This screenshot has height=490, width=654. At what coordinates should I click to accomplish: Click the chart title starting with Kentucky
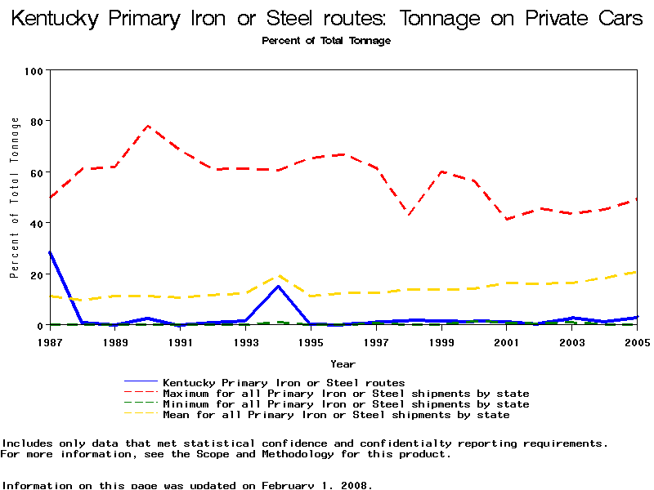pyautogui.click(x=327, y=19)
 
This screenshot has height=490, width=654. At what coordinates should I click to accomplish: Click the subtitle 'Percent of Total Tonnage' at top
pyautogui.click(x=326, y=41)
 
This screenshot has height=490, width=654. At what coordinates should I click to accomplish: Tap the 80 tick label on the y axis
pyautogui.click(x=36, y=122)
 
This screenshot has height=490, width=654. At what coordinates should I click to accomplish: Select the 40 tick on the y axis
pyautogui.click(x=36, y=223)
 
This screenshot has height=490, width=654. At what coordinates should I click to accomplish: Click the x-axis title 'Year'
pyautogui.click(x=343, y=363)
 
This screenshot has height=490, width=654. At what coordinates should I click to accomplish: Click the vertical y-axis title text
pyautogui.click(x=14, y=198)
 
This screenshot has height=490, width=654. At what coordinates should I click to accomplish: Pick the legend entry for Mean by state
pyautogui.click(x=336, y=415)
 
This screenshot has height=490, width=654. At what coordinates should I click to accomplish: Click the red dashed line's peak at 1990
pyautogui.click(x=148, y=126)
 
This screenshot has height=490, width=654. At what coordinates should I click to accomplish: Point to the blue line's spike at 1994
pyautogui.click(x=279, y=286)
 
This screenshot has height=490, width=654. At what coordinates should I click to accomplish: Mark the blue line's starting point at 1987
pyautogui.click(x=50, y=252)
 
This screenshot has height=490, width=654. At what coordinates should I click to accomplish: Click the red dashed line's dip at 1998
pyautogui.click(x=409, y=214)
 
